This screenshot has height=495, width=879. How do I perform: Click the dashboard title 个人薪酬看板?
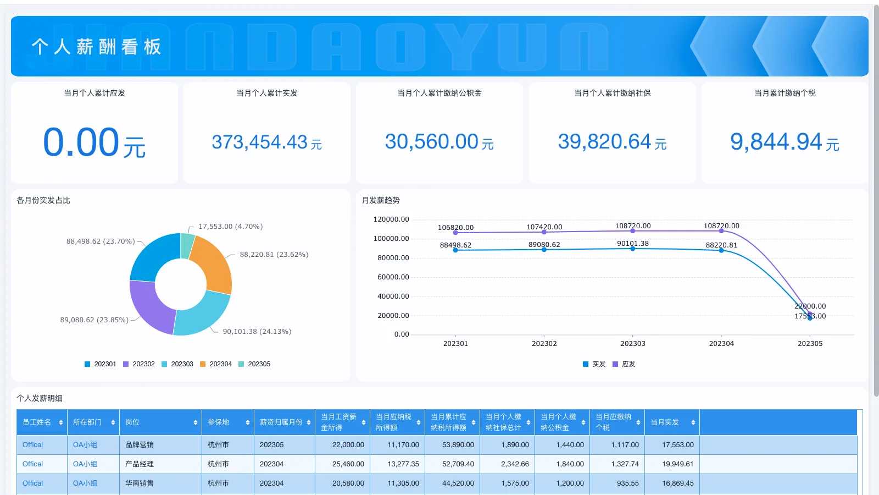96,47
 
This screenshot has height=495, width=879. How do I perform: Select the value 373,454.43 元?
266,142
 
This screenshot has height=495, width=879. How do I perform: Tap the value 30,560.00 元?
439,142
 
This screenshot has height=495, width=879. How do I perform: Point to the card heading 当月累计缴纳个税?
785,93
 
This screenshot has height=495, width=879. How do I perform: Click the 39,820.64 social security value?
612,142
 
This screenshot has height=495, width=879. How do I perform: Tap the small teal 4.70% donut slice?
187,246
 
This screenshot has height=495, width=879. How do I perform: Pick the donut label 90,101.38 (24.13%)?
257,332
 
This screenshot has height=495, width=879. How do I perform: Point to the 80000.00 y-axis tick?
393,258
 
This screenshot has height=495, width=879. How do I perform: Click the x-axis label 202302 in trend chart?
544,344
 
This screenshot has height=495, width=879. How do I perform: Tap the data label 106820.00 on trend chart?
455,228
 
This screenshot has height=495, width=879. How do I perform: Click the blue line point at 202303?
632,249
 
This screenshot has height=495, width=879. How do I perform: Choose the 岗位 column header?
132,422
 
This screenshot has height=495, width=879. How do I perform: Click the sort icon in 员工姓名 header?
61,422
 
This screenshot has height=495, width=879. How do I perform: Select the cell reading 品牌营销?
140,445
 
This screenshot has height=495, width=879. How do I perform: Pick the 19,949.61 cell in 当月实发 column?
677,464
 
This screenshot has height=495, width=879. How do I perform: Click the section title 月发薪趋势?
381,200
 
